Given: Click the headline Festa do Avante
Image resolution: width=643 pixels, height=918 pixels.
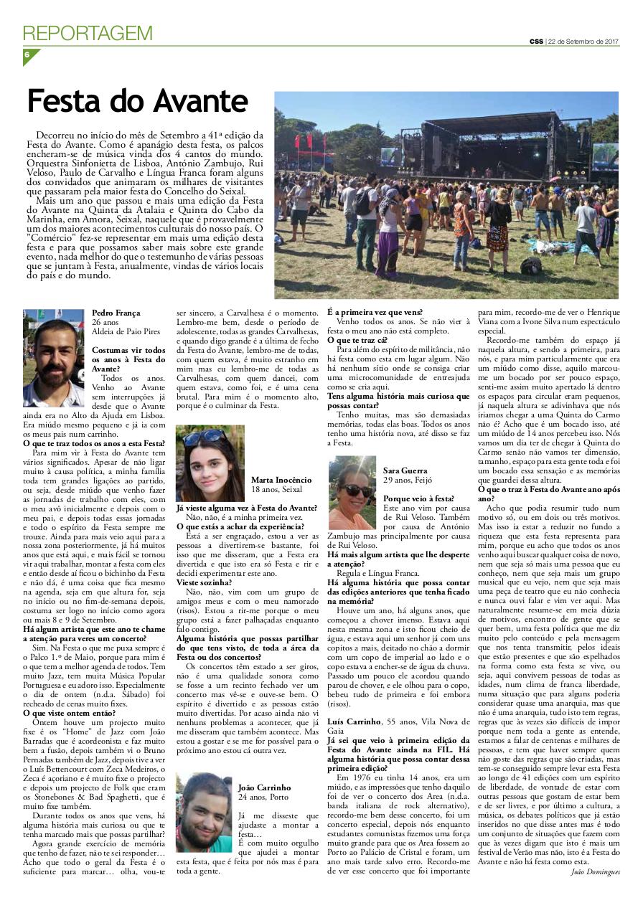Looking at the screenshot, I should (x=137, y=102).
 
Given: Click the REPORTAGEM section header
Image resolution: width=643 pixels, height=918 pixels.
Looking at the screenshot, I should (x=88, y=33).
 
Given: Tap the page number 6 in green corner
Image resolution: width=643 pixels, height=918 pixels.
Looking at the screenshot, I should (x=27, y=55).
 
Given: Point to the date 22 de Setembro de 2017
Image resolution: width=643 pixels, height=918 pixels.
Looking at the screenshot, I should (x=583, y=41).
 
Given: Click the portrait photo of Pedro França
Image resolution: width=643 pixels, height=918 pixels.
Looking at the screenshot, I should (x=54, y=358).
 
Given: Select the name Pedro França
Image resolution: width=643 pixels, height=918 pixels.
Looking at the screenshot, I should (x=116, y=313).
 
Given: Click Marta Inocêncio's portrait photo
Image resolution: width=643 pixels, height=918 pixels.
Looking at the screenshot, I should (x=210, y=463).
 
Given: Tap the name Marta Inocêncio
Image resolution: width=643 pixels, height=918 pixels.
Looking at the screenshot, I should (x=281, y=480).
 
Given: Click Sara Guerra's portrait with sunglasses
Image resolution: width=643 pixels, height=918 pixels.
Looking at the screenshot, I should (x=352, y=493).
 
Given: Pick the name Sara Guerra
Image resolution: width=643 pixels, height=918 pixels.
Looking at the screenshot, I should (x=405, y=470).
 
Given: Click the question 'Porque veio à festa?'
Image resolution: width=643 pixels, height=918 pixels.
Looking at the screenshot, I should (x=418, y=497).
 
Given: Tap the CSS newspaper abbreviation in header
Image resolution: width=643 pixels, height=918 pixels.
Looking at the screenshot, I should (x=536, y=41).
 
